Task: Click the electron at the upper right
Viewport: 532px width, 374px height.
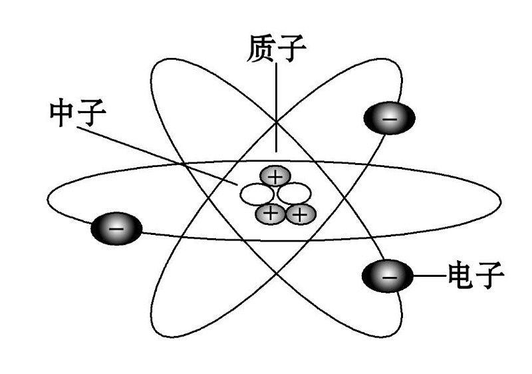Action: [x=389, y=119]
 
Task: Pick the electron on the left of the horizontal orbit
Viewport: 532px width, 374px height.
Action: [x=116, y=228]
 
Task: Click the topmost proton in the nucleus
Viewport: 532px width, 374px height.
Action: [x=273, y=176]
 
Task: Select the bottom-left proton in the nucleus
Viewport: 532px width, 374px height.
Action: [x=271, y=214]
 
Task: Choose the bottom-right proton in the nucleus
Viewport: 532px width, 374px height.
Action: [x=299, y=214]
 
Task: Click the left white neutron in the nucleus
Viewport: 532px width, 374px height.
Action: [x=257, y=194]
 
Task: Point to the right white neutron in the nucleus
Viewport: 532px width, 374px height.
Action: [x=294, y=194]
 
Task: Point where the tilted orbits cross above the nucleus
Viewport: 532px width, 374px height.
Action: [x=275, y=122]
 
